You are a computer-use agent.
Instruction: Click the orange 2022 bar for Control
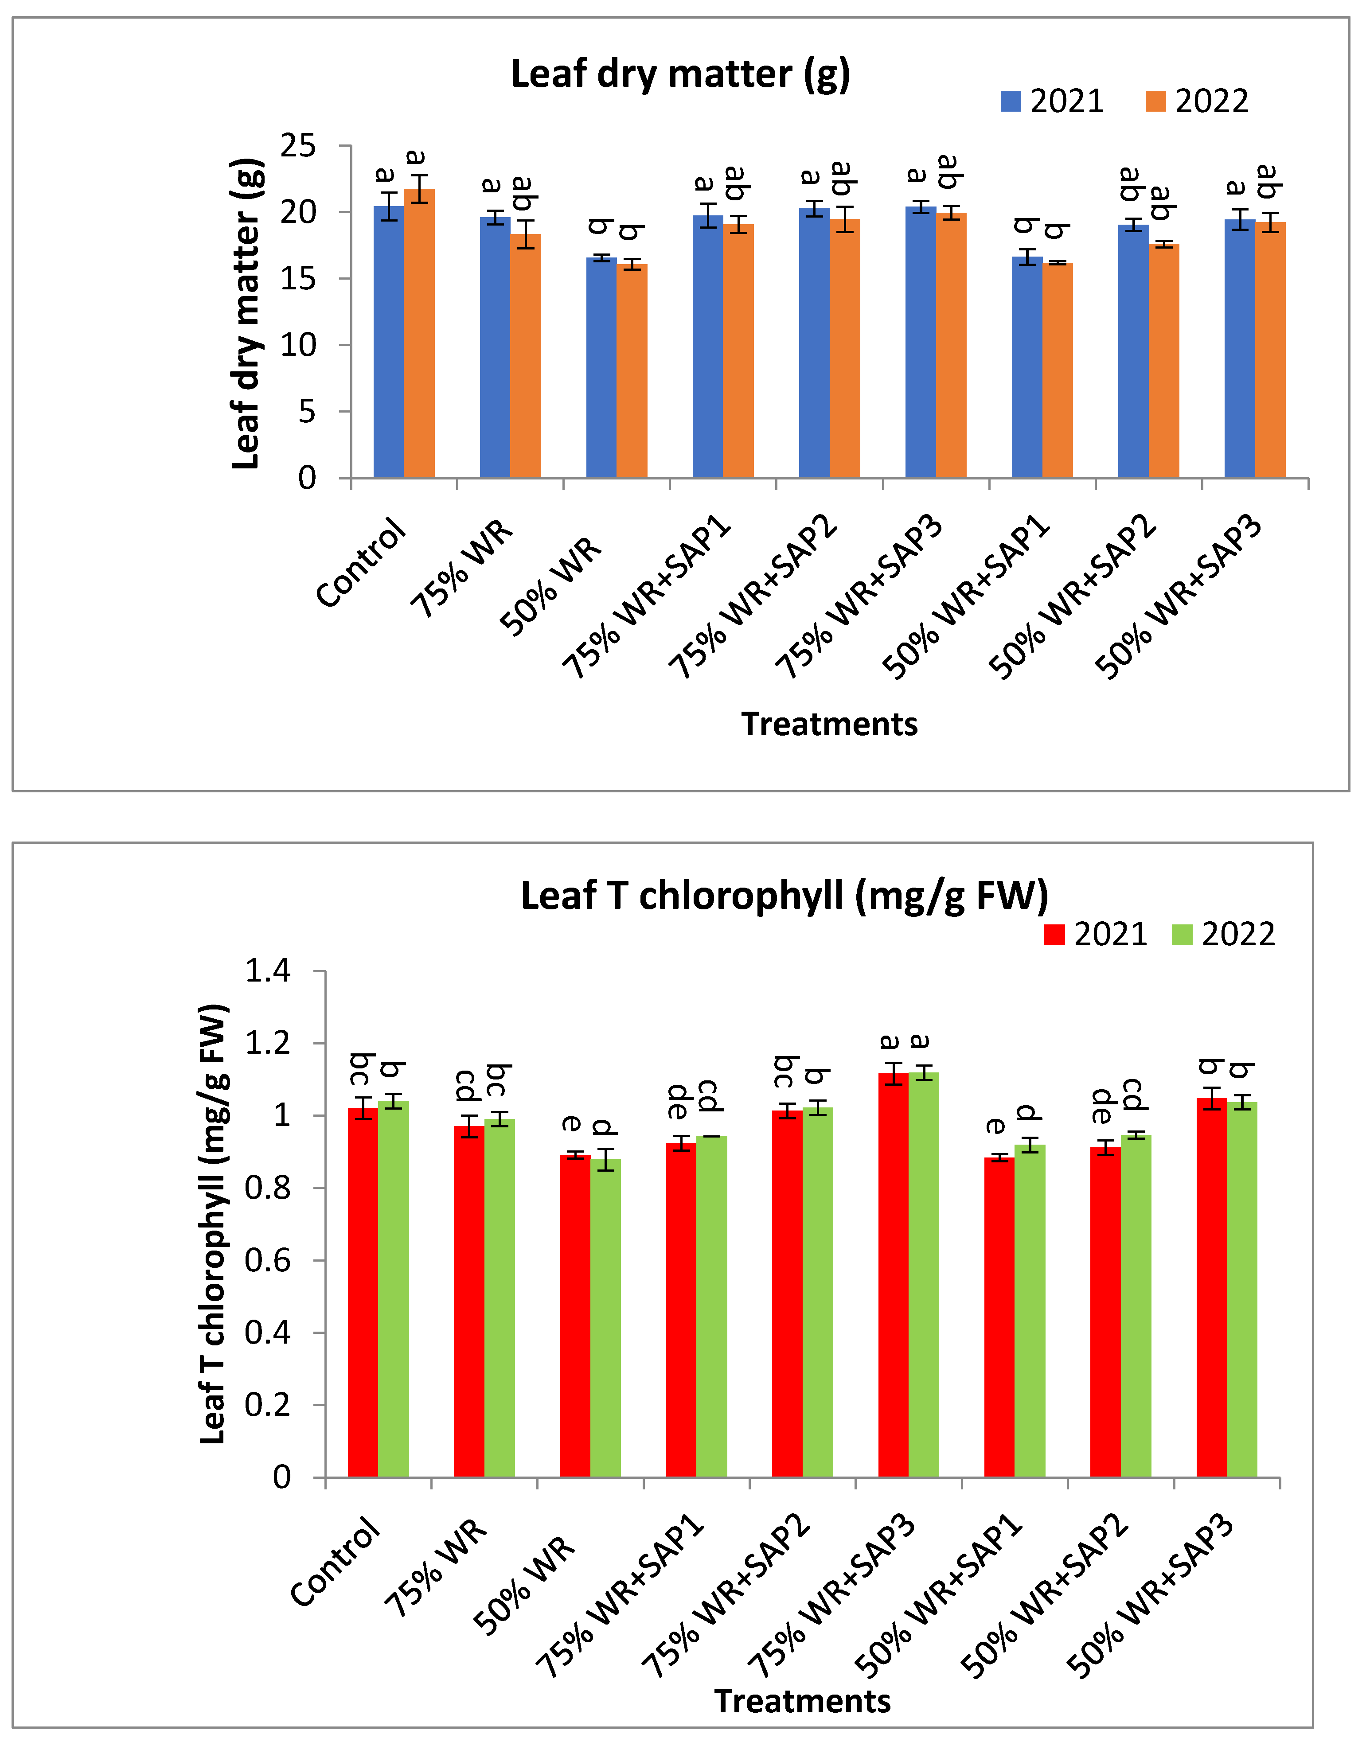coord(419,336)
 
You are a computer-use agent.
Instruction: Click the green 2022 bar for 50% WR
coord(605,1319)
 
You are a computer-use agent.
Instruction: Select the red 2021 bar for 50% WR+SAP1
coord(999,1319)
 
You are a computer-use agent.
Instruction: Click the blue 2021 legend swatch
coord(1011,101)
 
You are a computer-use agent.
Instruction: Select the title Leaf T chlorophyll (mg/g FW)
coord(784,896)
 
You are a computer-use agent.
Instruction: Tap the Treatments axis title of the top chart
coord(829,724)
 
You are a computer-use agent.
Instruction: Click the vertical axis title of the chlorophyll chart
coord(214,1223)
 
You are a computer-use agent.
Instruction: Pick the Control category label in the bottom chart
coord(336,1563)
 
